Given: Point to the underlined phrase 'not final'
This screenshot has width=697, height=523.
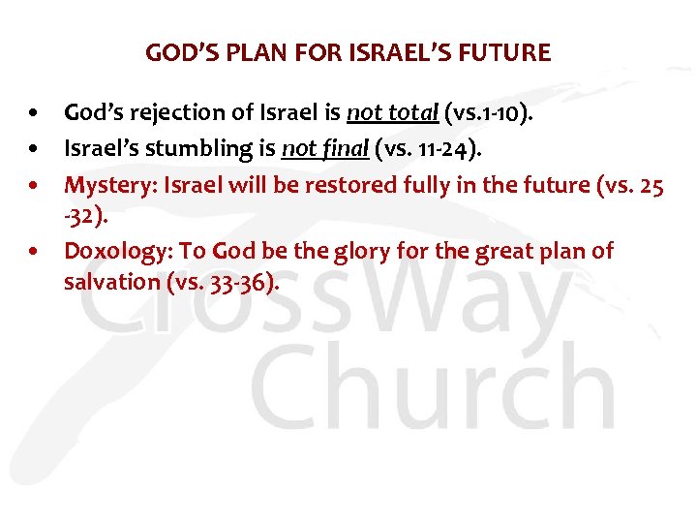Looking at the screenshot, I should tap(315, 150).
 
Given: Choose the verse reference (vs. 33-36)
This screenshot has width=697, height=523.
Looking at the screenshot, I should tap(222, 282).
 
